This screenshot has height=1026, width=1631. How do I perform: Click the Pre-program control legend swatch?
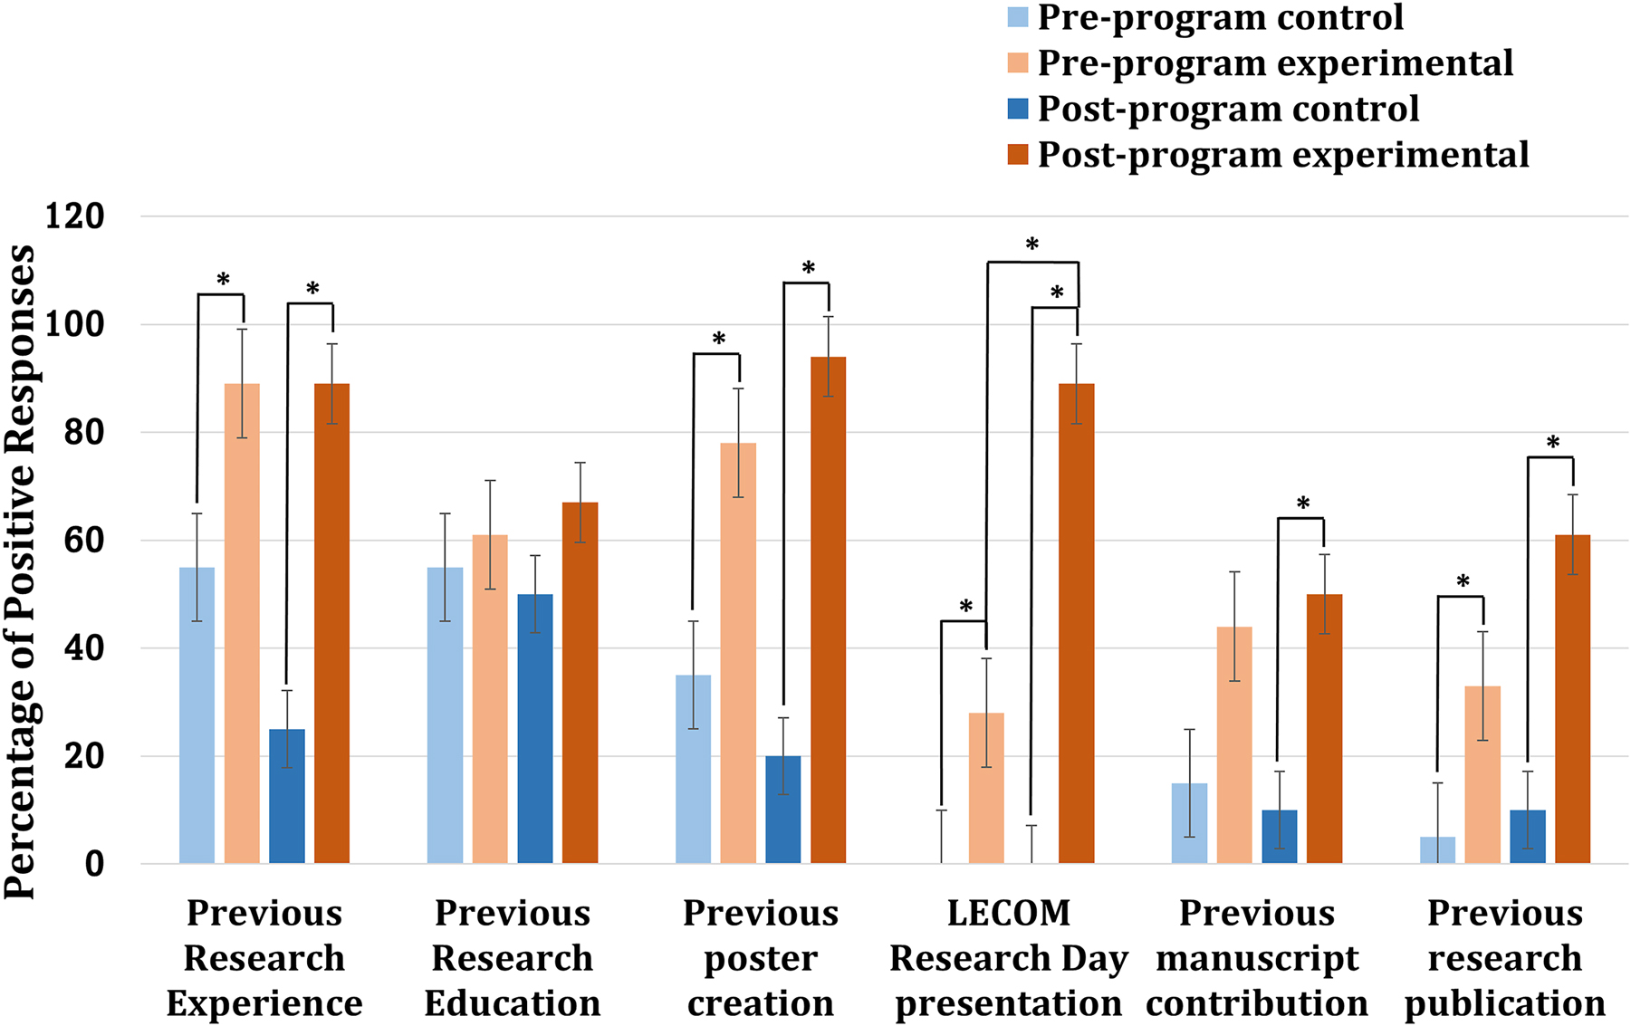[x=1018, y=17]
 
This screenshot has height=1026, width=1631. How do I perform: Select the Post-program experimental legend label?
[x=1282, y=155]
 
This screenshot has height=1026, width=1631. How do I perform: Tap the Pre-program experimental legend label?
[x=1275, y=63]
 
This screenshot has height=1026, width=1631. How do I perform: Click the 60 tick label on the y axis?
[x=82, y=541]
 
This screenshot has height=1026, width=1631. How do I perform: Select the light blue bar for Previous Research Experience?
[x=197, y=715]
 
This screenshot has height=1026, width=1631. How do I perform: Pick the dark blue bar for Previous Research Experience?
[x=287, y=796]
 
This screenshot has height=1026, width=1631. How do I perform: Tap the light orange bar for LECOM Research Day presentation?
[x=986, y=788]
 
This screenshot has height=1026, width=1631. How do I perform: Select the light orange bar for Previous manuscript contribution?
[x=1234, y=744]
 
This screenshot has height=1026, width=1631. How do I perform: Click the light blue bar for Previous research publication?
[x=1437, y=850]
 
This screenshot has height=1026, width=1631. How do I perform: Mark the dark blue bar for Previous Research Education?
[x=535, y=728]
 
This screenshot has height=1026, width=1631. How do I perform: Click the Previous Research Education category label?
[x=513, y=958]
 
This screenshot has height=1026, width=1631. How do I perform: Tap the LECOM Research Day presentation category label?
[x=1009, y=958]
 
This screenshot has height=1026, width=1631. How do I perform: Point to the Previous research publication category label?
[x=1504, y=958]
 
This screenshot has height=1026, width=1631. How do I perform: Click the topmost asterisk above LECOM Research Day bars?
[x=1031, y=245]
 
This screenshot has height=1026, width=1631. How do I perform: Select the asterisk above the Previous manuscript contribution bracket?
[x=1302, y=504]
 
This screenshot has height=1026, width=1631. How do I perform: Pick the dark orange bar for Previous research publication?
[x=1572, y=699]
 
